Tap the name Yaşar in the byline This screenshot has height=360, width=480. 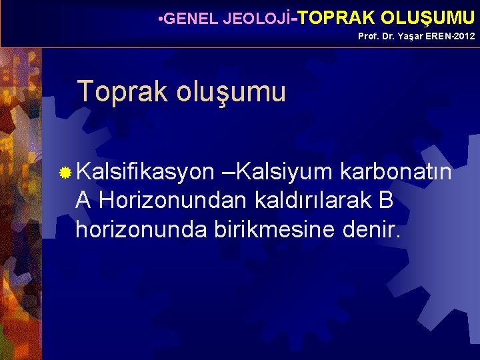(407, 36)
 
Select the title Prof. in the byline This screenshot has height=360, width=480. (368, 36)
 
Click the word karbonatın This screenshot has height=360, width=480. (396, 173)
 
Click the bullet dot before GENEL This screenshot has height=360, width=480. (160, 18)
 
